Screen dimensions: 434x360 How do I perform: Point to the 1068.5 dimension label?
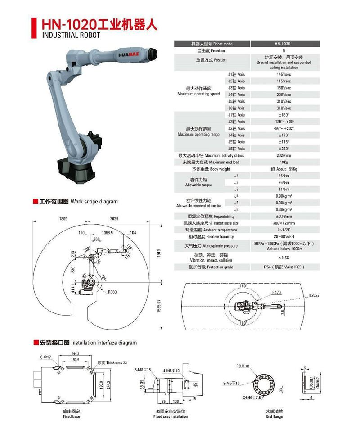[107, 233]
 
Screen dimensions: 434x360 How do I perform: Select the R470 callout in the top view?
[277, 293]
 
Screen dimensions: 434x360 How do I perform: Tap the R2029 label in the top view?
[316, 296]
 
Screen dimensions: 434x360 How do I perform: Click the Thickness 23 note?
[112, 362]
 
